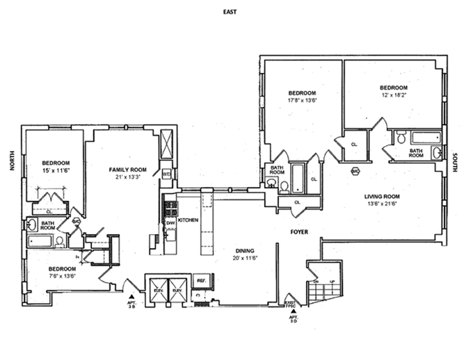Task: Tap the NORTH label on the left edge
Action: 12,161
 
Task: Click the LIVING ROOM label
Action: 384,196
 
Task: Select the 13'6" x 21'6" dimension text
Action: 384,204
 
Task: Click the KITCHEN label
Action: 188,220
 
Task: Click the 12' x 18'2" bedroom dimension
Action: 392,96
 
